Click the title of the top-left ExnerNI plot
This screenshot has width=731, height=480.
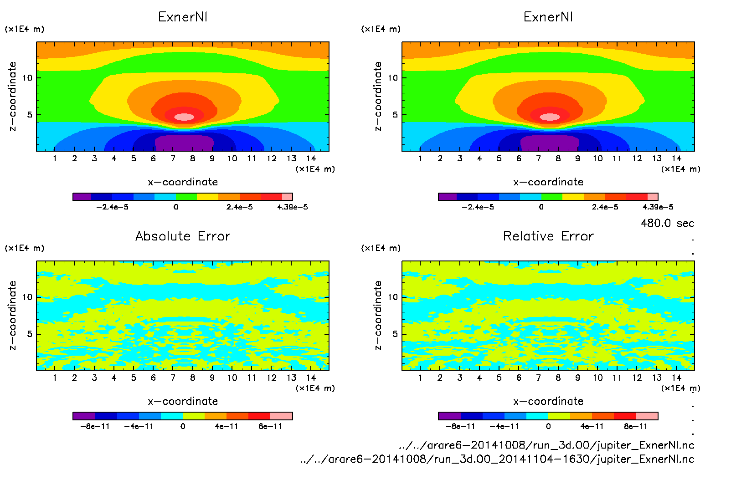pos(183,17)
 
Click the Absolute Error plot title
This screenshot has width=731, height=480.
pos(183,236)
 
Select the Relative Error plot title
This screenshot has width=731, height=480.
pos(548,236)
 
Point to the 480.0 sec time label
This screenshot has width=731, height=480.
pos(667,223)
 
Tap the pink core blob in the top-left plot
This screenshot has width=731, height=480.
pos(184,117)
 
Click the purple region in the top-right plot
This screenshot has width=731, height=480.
pos(549,143)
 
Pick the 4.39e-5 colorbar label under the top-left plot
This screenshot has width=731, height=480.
pos(292,207)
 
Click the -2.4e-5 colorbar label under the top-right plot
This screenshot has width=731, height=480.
pos(478,207)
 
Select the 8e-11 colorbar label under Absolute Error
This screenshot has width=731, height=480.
pos(270,427)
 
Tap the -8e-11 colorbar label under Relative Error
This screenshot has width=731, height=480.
pos(460,427)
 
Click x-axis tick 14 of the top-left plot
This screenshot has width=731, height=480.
pos(311,158)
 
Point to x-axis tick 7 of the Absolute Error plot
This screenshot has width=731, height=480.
pos(173,378)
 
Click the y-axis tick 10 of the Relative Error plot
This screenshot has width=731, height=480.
pos(393,297)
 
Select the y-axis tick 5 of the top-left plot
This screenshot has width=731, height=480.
pos(30,115)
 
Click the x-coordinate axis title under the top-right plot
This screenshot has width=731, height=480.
pos(548,182)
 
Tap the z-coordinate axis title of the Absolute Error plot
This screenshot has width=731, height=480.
pos(13,315)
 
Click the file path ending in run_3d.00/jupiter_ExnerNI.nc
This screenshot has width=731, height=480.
pos(546,445)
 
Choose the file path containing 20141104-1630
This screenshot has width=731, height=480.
pos(497,459)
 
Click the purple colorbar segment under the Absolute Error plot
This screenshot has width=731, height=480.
pos(84,416)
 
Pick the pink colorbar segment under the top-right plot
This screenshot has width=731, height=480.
pos(653,197)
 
